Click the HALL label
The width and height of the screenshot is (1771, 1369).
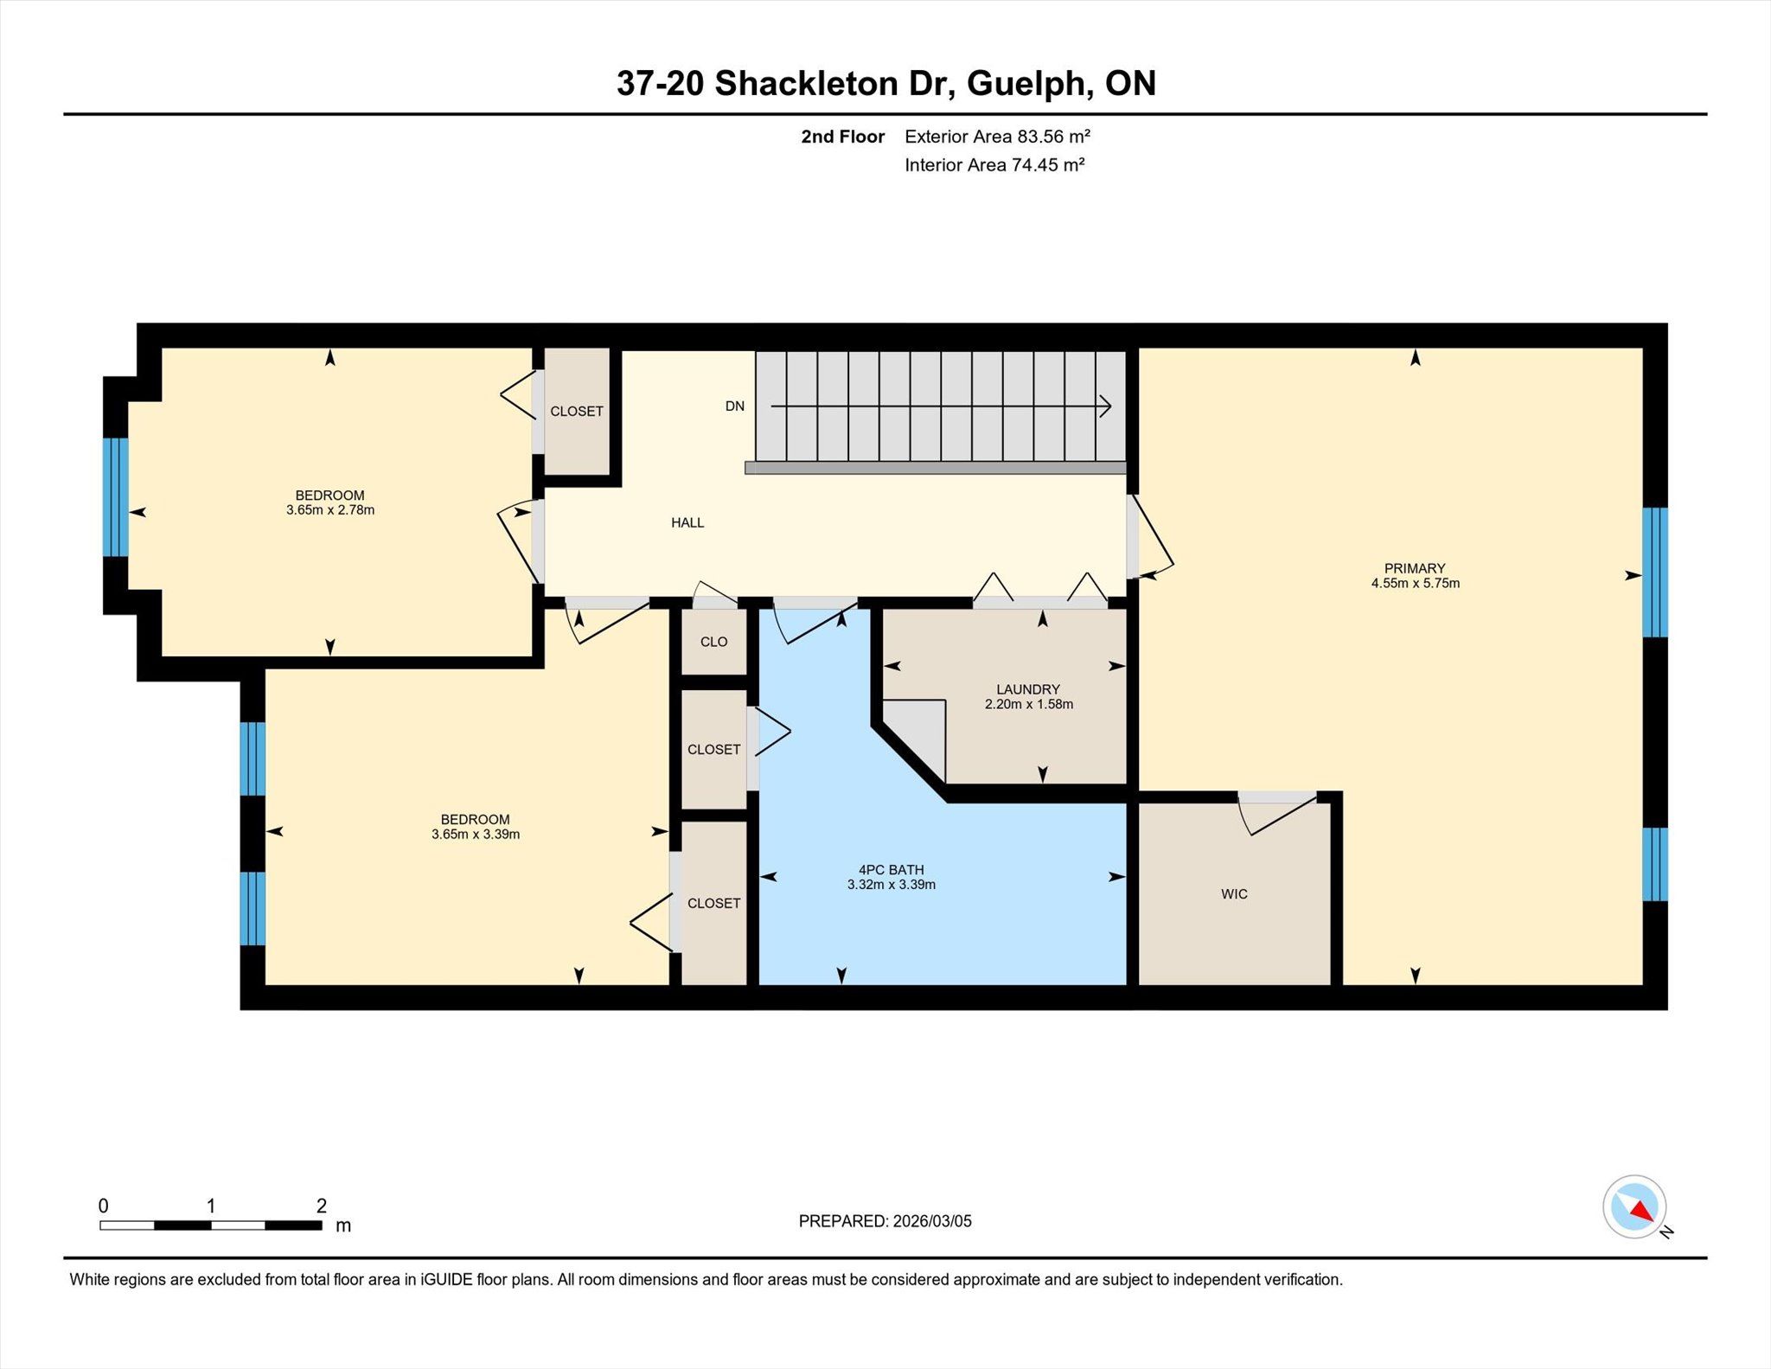click(x=687, y=522)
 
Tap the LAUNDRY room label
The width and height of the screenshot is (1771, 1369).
click(x=1027, y=689)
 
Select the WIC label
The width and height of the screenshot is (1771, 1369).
click(x=1234, y=894)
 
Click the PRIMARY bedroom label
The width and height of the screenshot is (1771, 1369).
click(x=1415, y=568)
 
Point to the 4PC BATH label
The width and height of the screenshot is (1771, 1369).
click(x=891, y=870)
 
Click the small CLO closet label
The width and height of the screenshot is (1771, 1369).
click(x=713, y=642)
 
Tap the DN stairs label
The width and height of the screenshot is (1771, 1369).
click(x=734, y=406)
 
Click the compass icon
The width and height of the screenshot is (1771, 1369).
click(x=1634, y=1206)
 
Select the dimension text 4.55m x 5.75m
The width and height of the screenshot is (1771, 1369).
click(x=1415, y=584)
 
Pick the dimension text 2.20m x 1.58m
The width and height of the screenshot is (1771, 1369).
click(x=1028, y=705)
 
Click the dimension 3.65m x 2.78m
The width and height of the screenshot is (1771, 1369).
click(x=330, y=510)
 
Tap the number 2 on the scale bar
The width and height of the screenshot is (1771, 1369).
click(x=322, y=1206)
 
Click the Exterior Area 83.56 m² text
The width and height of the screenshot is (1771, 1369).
click(x=997, y=137)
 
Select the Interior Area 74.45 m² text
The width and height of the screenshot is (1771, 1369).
click(x=994, y=165)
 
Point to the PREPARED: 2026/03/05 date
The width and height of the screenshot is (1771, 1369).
click(x=885, y=1221)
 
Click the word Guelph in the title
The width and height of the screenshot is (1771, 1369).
click(x=1025, y=84)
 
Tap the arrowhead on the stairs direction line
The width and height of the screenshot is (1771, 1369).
click(x=1106, y=406)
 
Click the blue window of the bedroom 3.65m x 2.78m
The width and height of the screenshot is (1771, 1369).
click(x=116, y=497)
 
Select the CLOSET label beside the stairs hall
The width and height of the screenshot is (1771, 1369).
click(x=577, y=412)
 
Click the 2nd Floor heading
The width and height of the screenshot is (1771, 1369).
click(x=842, y=137)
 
